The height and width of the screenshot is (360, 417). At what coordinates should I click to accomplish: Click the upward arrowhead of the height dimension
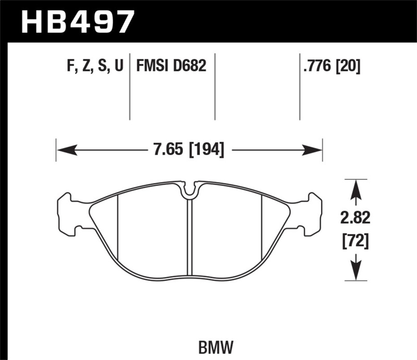click(x=355, y=189)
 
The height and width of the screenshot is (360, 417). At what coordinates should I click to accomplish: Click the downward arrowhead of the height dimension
click(x=355, y=271)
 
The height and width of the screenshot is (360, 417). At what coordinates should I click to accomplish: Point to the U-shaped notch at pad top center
click(x=189, y=191)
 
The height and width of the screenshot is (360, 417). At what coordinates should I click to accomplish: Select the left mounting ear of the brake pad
click(x=68, y=213)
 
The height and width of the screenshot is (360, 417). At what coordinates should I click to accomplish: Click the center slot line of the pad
click(x=189, y=234)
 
